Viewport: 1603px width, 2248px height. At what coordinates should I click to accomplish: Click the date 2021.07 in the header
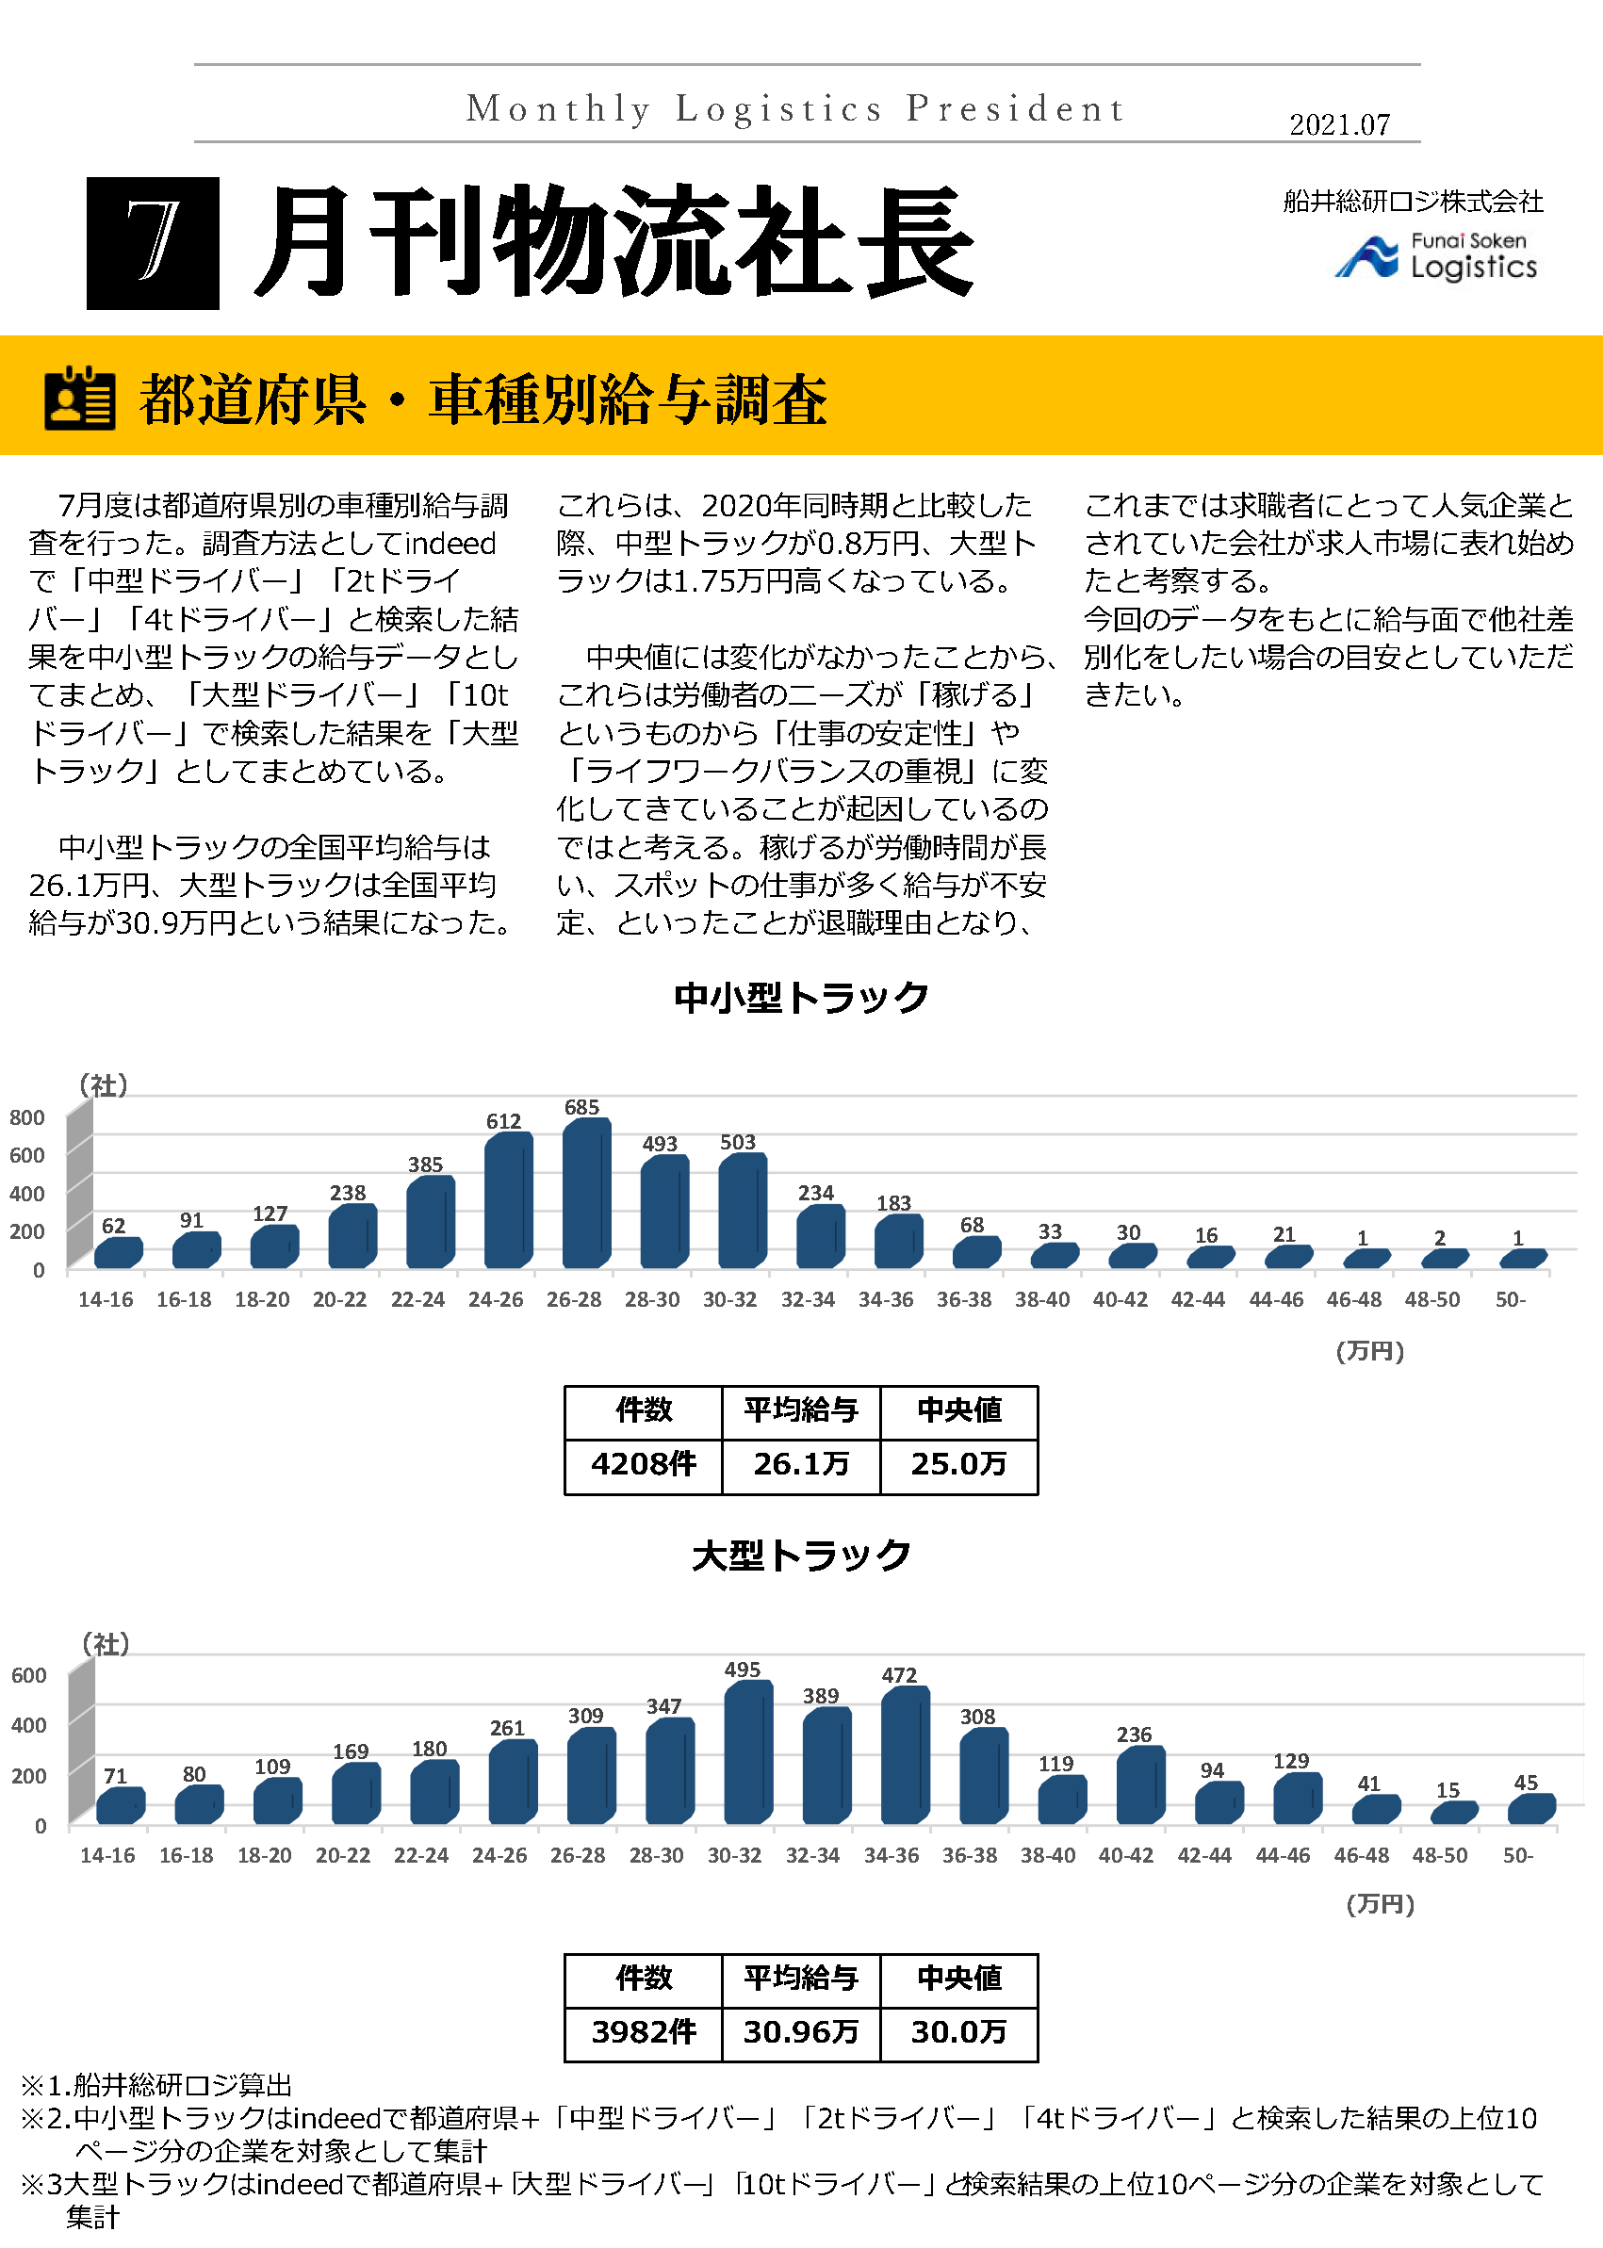(x=1338, y=124)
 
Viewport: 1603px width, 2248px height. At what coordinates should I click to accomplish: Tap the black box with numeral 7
(x=153, y=243)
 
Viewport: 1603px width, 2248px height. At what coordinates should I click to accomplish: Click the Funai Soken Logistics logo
(x=1435, y=256)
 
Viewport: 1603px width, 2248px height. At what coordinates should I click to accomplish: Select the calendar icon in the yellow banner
(x=80, y=399)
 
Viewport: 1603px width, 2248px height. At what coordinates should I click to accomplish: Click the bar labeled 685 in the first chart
(x=586, y=1193)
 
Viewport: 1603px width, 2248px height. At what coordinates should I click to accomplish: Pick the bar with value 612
(x=508, y=1200)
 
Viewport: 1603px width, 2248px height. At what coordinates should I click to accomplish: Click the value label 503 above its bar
(x=737, y=1142)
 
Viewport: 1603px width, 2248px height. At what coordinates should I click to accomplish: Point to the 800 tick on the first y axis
(x=27, y=1117)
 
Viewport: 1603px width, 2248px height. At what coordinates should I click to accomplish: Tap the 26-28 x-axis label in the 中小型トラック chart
(x=574, y=1299)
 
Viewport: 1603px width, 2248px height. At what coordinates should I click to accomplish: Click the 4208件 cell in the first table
(x=644, y=1464)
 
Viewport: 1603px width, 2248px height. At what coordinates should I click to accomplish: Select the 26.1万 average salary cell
(x=800, y=1464)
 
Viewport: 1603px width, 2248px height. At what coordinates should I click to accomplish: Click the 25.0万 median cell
(x=958, y=1464)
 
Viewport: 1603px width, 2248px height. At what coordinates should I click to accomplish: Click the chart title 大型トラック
(x=800, y=1556)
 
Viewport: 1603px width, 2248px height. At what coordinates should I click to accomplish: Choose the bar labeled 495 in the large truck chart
(x=748, y=1752)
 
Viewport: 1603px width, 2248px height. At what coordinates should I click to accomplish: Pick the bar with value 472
(x=905, y=1755)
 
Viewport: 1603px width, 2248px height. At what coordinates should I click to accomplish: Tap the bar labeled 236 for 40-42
(x=1140, y=1785)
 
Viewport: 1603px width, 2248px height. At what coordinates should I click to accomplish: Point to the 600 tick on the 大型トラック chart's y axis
(x=29, y=1676)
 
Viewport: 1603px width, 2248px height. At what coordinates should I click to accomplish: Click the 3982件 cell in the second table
(x=644, y=2032)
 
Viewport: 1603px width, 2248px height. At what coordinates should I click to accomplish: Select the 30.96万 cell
(x=800, y=2032)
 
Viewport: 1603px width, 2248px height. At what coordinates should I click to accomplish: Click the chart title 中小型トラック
(x=800, y=998)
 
